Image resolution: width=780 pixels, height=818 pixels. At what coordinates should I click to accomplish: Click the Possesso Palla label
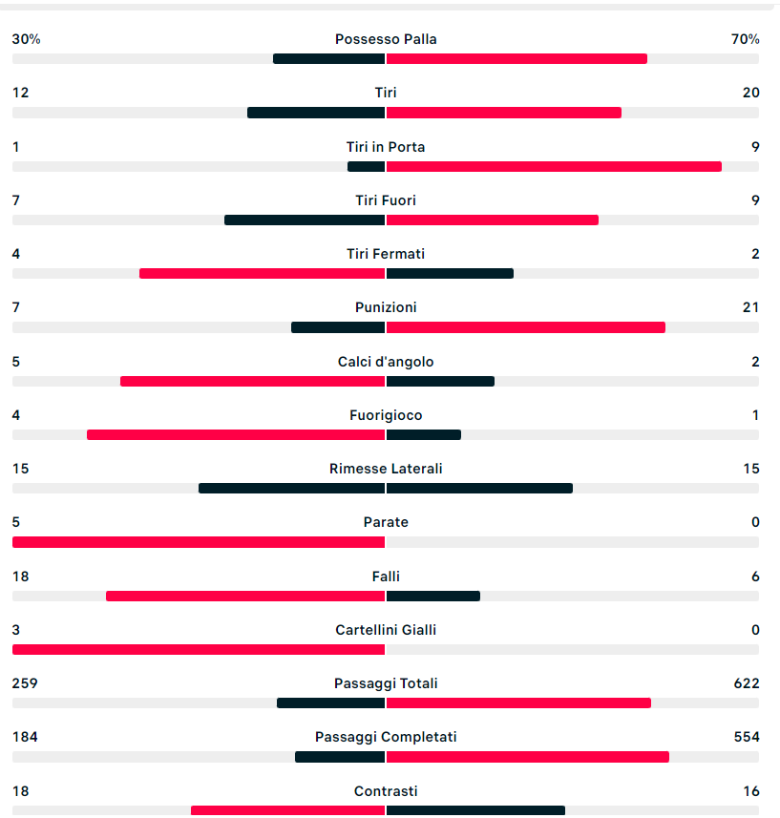tap(386, 39)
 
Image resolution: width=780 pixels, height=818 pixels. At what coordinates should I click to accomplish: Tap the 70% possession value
tap(746, 39)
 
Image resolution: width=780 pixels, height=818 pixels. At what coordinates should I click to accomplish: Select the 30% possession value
tap(26, 39)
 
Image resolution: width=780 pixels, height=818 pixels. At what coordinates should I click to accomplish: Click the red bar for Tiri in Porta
tap(554, 166)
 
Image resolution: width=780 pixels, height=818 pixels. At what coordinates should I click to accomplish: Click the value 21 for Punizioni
tap(751, 307)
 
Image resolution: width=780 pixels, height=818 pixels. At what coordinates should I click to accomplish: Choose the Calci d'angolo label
tap(386, 362)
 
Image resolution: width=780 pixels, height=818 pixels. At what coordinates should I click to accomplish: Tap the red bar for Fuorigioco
tap(236, 434)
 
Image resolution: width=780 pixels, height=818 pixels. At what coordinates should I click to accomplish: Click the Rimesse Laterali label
tap(386, 469)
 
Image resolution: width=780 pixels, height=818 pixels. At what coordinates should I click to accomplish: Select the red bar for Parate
tap(199, 542)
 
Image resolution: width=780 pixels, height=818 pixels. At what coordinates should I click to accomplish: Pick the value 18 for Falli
tap(20, 577)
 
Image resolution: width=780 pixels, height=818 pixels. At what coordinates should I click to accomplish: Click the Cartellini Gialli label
tap(386, 630)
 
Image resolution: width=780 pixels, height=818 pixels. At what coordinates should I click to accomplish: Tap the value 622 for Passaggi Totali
tap(747, 683)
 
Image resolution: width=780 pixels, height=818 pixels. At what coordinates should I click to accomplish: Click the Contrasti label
tap(386, 791)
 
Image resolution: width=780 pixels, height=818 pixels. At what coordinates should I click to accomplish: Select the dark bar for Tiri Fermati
tap(450, 273)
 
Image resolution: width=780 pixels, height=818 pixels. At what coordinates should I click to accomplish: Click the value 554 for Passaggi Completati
tap(747, 737)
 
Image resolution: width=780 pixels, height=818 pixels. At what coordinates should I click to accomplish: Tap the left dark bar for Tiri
tap(316, 113)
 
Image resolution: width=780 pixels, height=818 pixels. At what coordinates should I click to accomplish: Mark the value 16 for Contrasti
tap(751, 791)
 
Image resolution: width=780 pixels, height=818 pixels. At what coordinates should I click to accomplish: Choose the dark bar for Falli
tap(432, 596)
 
